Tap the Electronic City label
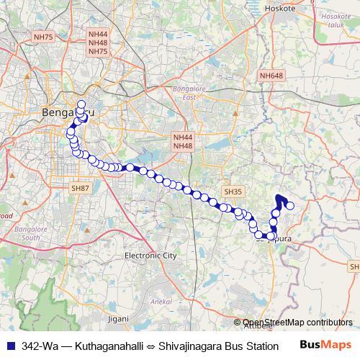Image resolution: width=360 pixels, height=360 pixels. tap(150, 256)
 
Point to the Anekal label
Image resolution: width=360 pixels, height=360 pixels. tap(159, 302)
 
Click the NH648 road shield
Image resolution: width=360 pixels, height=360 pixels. tap(271, 75)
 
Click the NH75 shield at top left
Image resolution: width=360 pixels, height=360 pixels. tap(43, 37)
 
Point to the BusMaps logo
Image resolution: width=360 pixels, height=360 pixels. tap(325, 345)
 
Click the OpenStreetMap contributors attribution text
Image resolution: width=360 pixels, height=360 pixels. tap(297, 323)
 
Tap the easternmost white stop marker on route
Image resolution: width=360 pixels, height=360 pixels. tap(290, 206)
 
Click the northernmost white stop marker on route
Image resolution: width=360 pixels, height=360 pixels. tap(81, 104)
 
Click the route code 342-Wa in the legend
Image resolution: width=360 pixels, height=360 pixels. tap(40, 346)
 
